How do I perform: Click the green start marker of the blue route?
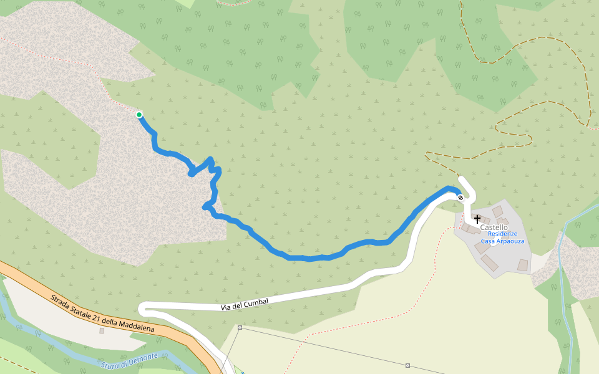point(139,114)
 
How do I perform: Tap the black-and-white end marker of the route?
point(460,198)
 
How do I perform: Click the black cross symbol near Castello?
point(477,219)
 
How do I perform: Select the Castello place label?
point(494,228)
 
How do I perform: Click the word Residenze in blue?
point(502,234)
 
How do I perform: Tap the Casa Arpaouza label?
point(502,241)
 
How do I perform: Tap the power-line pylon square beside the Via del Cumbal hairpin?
point(240,327)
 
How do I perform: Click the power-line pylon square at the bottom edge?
point(407,365)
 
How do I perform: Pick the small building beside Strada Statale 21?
point(102,330)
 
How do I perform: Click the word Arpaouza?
point(510,241)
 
